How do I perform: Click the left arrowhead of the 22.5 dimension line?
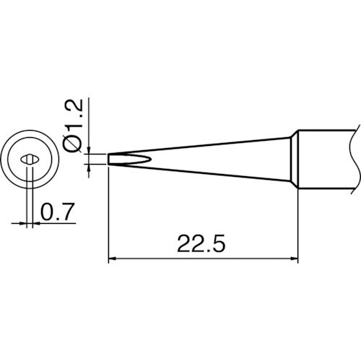[113, 257]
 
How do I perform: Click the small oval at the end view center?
[30, 158]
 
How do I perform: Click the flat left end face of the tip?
[108, 158]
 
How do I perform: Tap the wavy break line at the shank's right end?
[355, 158]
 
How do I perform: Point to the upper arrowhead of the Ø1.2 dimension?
[90, 149]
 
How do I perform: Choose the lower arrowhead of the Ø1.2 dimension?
[90, 168]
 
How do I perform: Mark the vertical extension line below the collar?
[298, 224]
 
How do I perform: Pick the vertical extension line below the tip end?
[108, 217]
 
